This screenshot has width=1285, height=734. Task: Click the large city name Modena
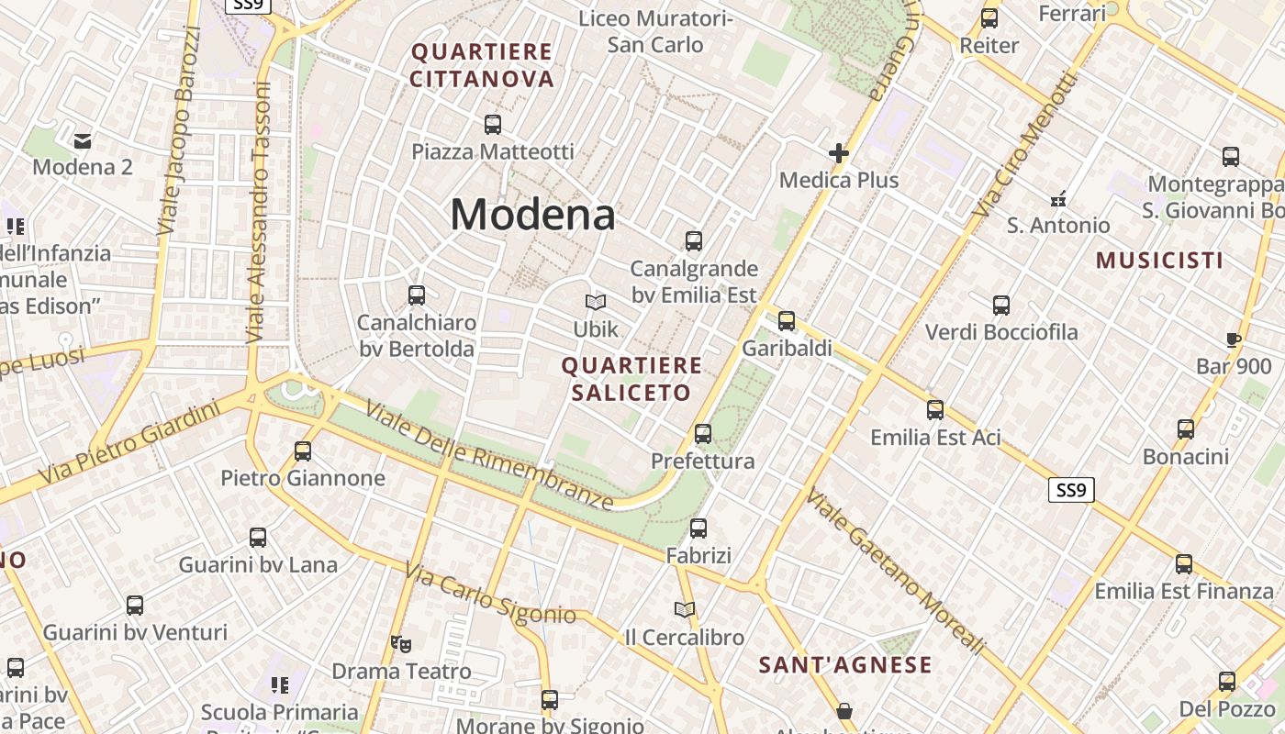click(532, 215)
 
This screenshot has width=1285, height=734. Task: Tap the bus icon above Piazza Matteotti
click(493, 124)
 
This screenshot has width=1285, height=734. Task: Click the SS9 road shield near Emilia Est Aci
click(1070, 490)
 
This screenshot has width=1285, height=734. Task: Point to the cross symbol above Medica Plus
click(838, 153)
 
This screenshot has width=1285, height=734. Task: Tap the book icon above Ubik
click(596, 302)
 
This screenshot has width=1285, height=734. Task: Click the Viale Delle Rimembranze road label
click(488, 456)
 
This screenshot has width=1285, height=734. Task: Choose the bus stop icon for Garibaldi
click(787, 321)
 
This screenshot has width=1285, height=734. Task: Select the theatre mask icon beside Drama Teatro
click(399, 644)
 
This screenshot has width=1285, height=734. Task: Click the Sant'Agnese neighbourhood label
click(844, 665)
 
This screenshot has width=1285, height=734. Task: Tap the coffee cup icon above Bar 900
click(1234, 339)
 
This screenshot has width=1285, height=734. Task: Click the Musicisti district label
click(1159, 261)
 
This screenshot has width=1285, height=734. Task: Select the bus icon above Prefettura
click(703, 433)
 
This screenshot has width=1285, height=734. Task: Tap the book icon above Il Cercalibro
click(684, 609)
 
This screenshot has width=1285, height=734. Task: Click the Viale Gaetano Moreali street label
click(895, 571)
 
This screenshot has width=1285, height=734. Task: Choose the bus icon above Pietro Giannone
click(303, 450)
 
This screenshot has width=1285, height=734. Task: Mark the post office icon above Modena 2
click(83, 140)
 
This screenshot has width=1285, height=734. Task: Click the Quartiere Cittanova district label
click(482, 65)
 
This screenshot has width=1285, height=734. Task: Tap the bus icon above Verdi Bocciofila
click(1001, 305)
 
